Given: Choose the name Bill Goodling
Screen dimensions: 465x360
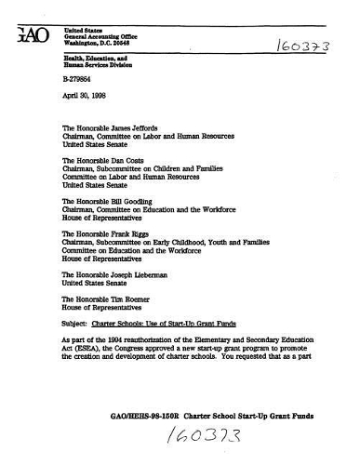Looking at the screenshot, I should click(129, 203).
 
